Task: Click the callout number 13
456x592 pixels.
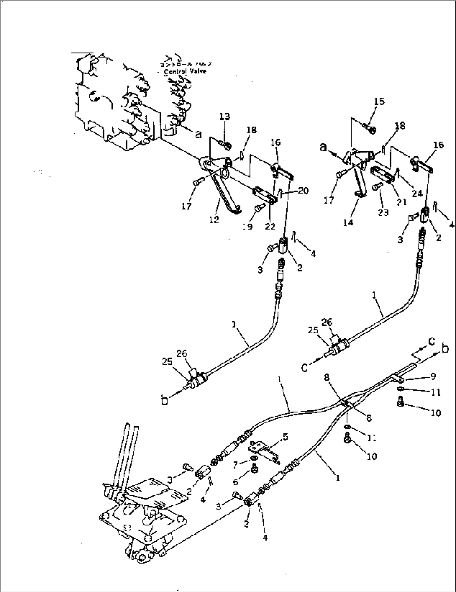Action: (225, 116)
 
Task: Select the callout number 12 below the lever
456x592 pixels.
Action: (214, 219)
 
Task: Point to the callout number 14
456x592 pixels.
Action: (348, 222)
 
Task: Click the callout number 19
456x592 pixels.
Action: (248, 227)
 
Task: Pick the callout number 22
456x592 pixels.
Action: (270, 226)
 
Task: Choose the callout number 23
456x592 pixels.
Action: (383, 212)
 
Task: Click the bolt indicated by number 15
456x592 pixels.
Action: (368, 124)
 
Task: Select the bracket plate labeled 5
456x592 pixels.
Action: (263, 451)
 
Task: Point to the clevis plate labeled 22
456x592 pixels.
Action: (264, 195)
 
